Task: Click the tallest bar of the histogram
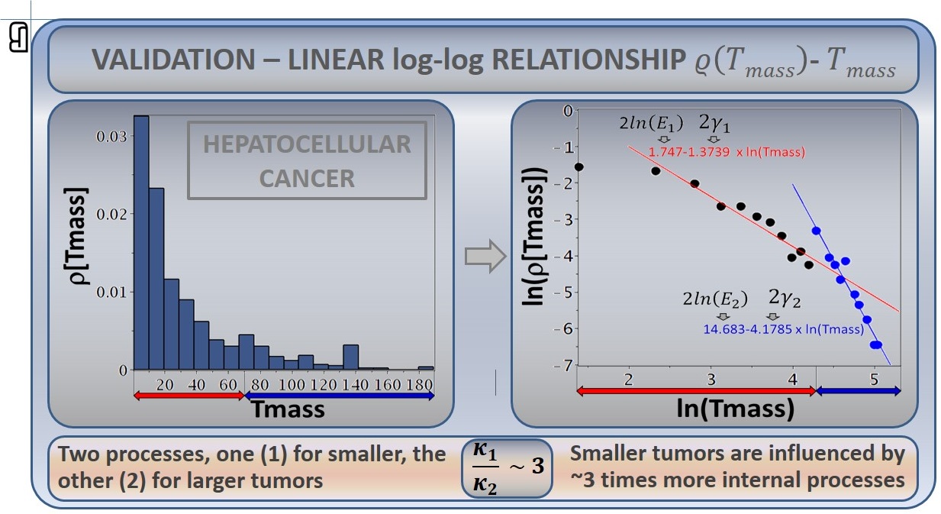point(142,243)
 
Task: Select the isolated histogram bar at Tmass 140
point(351,357)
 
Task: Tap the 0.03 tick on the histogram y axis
point(111,136)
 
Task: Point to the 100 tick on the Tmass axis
point(292,385)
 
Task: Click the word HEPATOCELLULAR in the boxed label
point(307,144)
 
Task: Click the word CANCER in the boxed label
point(307,178)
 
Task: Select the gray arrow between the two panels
point(485,257)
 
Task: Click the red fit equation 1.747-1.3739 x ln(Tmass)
point(727,152)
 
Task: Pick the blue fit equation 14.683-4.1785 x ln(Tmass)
point(784,329)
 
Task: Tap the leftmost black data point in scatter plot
point(579,166)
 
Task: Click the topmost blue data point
point(817,231)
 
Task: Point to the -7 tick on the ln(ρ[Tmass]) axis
point(563,366)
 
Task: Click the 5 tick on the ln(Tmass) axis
point(874,380)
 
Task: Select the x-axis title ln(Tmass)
point(735,408)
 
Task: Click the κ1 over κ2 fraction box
point(507,468)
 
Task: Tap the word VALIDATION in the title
point(173,60)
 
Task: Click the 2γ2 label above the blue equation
point(785,298)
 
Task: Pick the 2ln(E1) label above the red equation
point(652,123)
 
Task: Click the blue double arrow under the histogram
point(340,396)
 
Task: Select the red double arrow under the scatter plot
point(697,391)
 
